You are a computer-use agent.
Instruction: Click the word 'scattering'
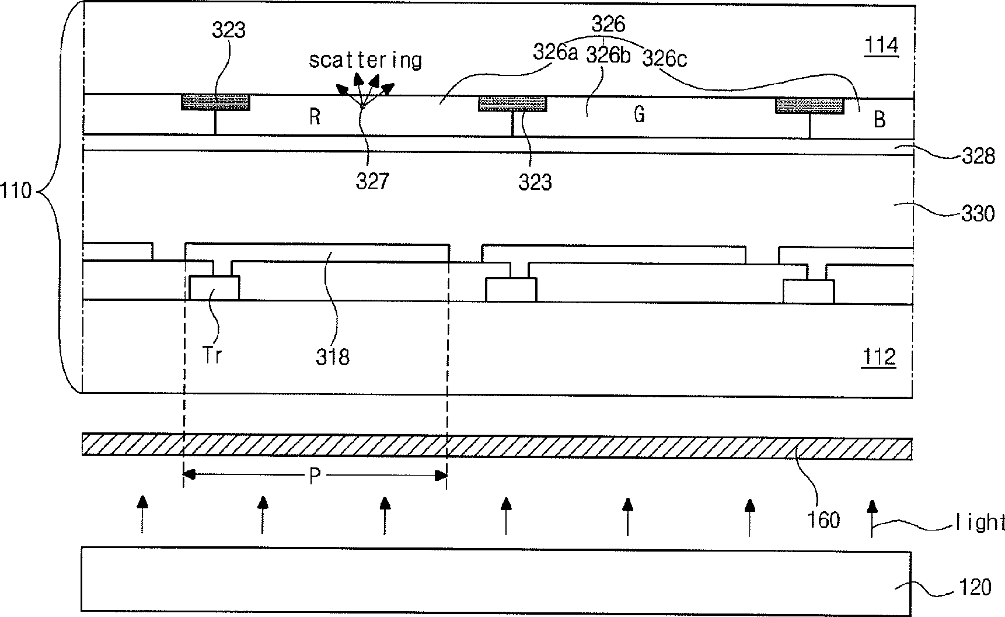(365, 60)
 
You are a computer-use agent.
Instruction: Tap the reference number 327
(372, 181)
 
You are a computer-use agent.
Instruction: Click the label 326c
(664, 58)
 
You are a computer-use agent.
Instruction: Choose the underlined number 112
(879, 356)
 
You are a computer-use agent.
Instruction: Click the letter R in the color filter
(315, 118)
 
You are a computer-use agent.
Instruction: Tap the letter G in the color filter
(640, 115)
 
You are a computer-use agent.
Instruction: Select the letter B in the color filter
(880, 120)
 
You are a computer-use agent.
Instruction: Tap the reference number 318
(333, 357)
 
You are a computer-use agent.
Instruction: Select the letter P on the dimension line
(315, 477)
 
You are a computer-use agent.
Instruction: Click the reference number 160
(823, 519)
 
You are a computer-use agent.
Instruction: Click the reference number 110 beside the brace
(16, 190)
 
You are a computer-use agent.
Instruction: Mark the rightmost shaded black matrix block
(809, 106)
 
